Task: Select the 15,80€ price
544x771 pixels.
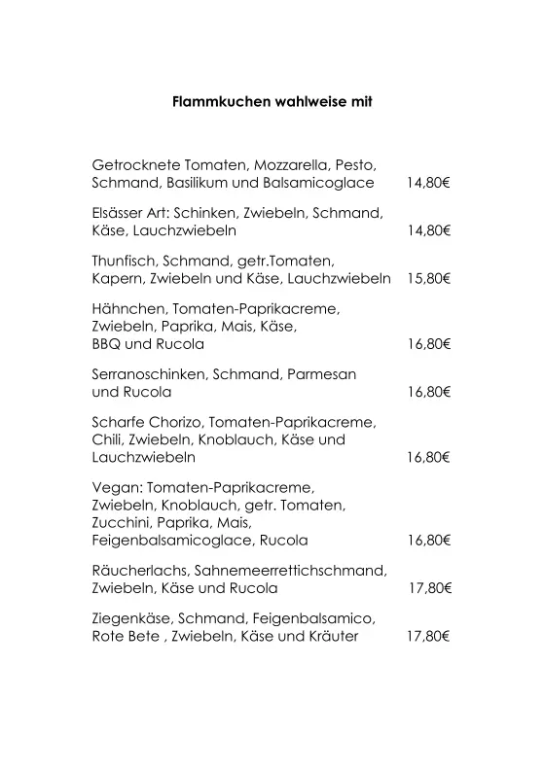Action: [428, 278]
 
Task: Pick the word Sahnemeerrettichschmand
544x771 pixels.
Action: [291, 571]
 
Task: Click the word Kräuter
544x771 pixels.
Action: [331, 637]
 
